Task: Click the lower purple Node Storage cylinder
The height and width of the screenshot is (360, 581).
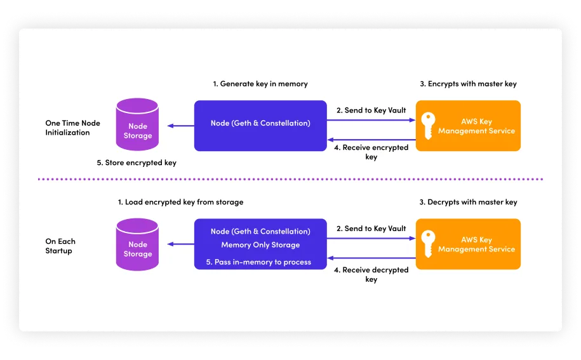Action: tap(138, 244)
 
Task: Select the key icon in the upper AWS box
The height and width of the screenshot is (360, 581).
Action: tap(429, 124)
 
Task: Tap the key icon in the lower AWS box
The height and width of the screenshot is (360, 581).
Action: tap(429, 243)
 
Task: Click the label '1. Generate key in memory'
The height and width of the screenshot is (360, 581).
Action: tap(260, 84)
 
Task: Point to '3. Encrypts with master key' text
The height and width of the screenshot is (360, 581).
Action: tap(469, 84)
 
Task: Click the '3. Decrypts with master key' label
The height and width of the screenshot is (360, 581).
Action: tap(469, 203)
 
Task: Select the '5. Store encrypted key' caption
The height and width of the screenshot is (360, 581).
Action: tap(137, 163)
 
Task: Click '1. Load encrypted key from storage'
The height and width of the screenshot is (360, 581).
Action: tap(180, 203)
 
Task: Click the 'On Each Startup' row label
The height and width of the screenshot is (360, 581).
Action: tap(60, 246)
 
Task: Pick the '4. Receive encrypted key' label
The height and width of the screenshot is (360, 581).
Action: tap(371, 152)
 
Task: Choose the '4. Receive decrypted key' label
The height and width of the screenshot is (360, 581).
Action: tap(371, 274)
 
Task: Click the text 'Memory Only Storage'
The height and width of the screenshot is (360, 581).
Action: tap(260, 245)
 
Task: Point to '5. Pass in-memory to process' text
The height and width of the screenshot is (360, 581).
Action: tap(259, 262)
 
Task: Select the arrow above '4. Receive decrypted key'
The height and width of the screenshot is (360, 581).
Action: tap(371, 258)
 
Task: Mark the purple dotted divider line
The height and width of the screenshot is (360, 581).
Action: tap(290, 179)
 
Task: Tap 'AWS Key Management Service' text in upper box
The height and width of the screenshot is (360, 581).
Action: tap(476, 126)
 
